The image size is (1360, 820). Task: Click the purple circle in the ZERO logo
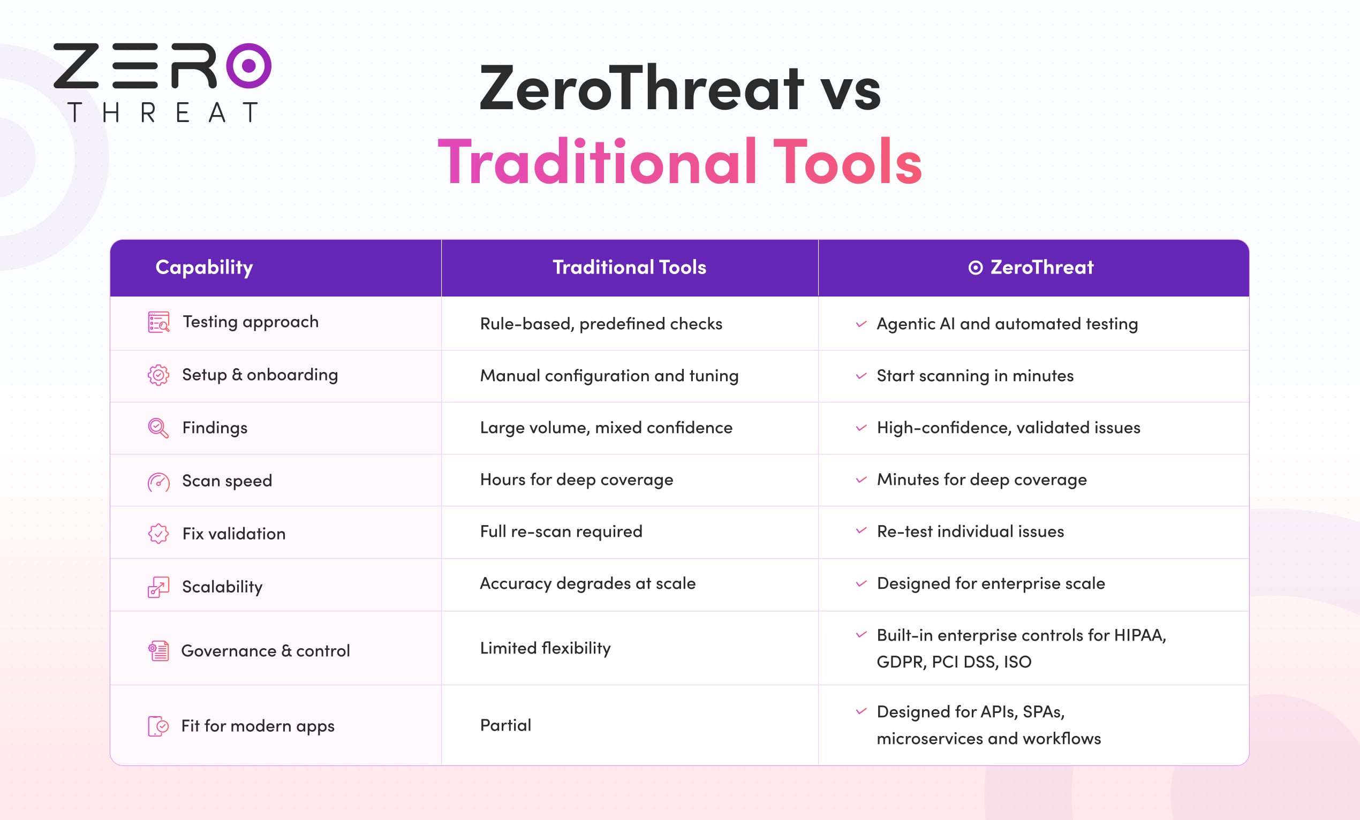(249, 66)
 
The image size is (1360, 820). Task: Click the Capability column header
(204, 267)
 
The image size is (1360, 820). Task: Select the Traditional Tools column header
(629, 267)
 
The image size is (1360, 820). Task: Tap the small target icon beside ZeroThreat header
(976, 268)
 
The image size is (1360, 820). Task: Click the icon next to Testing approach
(158, 322)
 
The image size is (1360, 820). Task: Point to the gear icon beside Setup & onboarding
(158, 375)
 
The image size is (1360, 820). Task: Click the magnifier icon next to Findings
(158, 428)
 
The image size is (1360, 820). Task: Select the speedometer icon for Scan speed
(158, 482)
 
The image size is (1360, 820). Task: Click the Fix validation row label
(234, 534)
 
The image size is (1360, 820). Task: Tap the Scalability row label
(222, 587)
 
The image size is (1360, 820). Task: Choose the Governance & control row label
(266, 650)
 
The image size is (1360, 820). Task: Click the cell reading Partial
(505, 725)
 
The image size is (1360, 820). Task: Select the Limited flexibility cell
(545, 648)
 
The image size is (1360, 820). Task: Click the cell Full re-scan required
(561, 532)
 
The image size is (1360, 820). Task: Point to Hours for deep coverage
(577, 480)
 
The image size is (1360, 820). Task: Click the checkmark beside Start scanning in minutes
(861, 376)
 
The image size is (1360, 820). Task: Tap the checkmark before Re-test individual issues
(861, 531)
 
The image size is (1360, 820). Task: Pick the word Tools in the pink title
(847, 162)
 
